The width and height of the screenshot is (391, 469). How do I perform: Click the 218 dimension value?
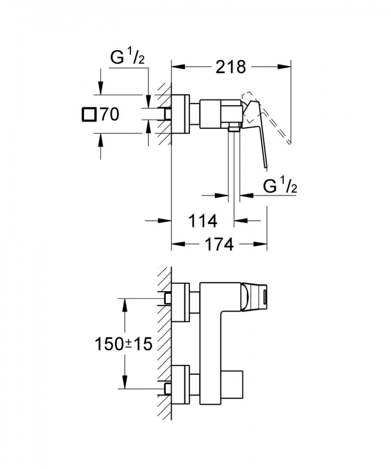click(x=231, y=67)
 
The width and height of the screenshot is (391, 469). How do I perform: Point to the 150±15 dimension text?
click(x=123, y=344)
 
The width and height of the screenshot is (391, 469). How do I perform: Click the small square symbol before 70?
click(x=89, y=115)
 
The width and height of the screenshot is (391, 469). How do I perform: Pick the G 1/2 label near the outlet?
click(x=281, y=186)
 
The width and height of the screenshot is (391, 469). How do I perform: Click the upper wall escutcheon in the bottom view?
click(x=180, y=302)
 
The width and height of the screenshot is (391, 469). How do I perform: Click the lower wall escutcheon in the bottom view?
click(x=180, y=385)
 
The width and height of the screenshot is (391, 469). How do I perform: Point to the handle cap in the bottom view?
click(x=257, y=296)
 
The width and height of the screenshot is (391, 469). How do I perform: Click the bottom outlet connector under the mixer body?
click(x=234, y=128)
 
